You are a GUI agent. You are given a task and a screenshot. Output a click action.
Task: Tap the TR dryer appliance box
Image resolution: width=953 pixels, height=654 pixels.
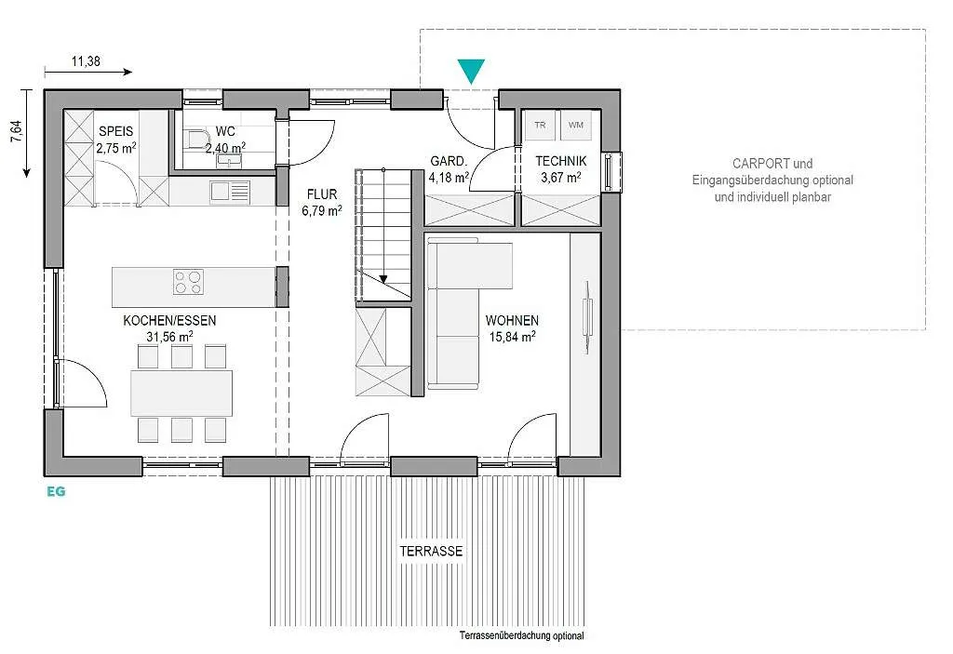541,126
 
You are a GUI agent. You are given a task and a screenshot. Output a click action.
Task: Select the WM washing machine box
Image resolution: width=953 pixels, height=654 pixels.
575,126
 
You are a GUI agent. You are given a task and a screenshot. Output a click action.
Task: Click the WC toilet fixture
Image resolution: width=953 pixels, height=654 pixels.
195,140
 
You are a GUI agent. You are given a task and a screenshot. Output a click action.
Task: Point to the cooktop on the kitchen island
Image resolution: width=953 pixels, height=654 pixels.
188,282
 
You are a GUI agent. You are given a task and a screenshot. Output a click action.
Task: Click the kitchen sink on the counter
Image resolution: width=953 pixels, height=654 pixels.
231,192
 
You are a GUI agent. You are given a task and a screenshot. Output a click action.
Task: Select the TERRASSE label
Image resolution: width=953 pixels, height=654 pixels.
431,552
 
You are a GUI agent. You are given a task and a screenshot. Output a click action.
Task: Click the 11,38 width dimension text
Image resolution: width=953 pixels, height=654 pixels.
86,60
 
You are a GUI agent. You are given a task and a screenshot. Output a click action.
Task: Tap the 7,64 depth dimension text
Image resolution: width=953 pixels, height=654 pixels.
16,131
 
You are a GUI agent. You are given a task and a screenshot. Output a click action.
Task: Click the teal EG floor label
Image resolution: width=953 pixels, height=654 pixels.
56,492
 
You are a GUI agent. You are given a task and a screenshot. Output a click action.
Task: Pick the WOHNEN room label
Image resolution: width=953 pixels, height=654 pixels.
512,320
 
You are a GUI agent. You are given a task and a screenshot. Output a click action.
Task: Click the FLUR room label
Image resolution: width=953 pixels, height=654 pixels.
321,194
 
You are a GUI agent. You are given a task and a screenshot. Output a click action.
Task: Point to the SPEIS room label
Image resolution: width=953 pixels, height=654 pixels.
115,131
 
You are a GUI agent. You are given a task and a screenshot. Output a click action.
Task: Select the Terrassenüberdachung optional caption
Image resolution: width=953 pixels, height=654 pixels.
521,635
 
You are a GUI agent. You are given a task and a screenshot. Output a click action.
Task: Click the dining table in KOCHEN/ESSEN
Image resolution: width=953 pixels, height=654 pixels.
181,393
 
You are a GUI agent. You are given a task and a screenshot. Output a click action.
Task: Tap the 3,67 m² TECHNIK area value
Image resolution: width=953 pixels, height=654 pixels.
561,178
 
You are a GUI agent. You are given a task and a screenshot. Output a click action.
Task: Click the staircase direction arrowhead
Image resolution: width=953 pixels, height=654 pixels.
383,280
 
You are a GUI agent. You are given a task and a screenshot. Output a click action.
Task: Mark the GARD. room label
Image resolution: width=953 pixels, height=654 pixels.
449,161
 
